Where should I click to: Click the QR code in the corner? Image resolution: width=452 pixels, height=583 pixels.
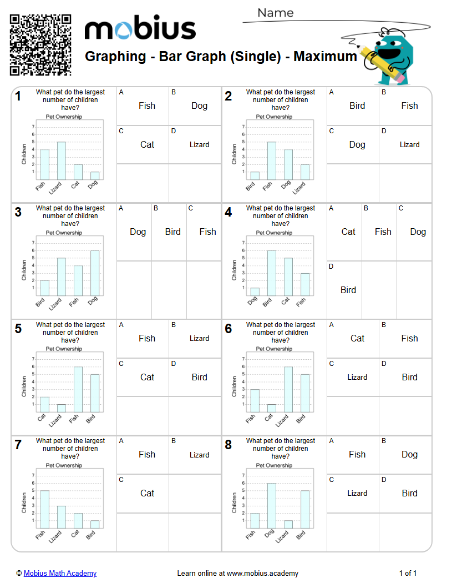tap(40, 45)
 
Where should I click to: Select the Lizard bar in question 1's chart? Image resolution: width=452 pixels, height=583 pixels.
tap(62, 160)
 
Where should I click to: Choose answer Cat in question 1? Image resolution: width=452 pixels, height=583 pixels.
tap(147, 144)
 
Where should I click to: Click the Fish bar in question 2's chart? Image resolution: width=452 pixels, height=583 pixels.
tap(272, 160)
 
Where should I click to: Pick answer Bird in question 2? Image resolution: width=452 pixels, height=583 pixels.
tap(357, 105)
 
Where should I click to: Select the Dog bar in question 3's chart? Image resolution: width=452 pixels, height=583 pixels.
tap(95, 273)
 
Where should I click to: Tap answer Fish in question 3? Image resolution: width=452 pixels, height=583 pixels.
tap(208, 232)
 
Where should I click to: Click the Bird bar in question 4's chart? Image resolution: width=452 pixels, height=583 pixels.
tap(272, 273)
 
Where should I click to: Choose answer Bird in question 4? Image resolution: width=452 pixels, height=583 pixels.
tap(348, 290)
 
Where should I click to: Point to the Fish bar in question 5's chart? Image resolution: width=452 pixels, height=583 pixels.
tap(78, 389)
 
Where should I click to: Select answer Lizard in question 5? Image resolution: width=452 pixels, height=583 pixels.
tap(199, 338)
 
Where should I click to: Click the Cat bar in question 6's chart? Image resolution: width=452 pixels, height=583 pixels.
tap(272, 408)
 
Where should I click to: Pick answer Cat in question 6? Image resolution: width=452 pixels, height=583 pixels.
tap(357, 338)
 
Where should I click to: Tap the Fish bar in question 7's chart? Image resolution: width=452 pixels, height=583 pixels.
tap(45, 509)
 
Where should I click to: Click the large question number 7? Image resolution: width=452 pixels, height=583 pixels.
tap(18, 445)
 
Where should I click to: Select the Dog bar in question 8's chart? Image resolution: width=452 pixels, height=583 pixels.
tap(272, 505)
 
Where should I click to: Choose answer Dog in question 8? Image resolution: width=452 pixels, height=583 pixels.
tap(409, 454)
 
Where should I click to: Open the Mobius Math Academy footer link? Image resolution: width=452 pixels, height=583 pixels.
tap(60, 573)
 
